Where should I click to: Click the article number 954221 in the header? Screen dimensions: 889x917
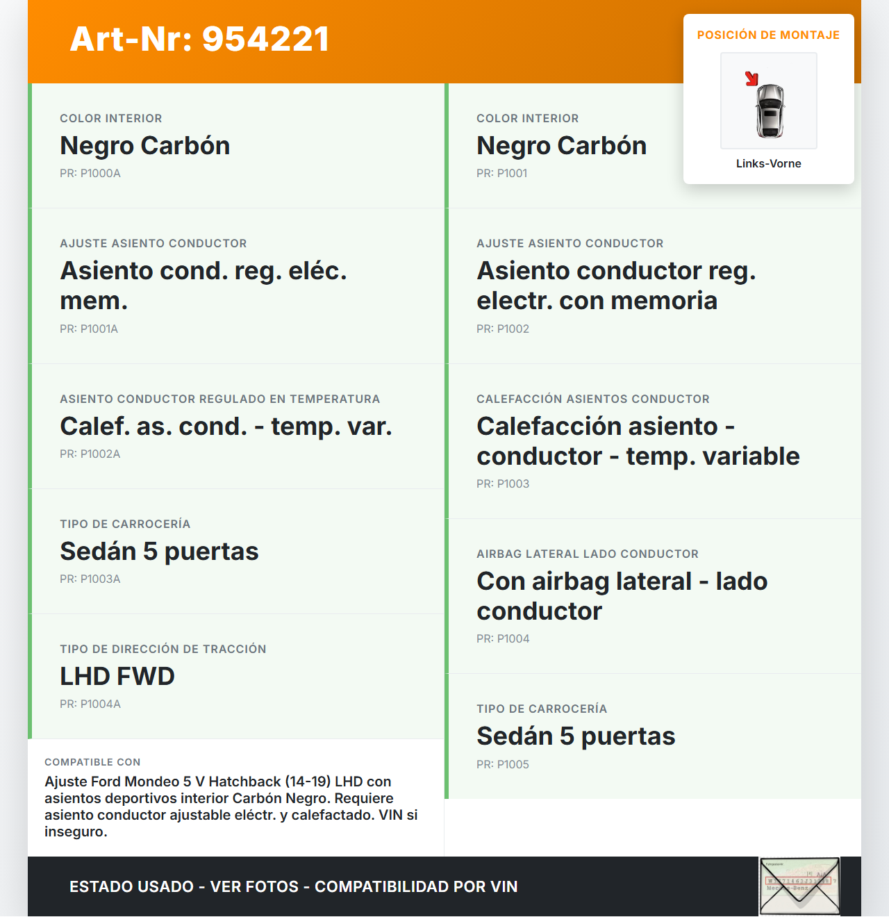(x=265, y=39)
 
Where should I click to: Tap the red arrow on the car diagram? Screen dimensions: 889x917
(x=751, y=79)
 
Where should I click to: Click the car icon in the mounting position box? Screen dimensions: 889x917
(x=770, y=111)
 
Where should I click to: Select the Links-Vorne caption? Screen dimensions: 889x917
(x=768, y=164)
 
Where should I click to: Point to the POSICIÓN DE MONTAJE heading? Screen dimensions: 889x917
(x=768, y=35)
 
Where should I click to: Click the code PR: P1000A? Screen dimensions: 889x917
(x=90, y=174)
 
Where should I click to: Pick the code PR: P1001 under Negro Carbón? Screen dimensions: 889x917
(x=501, y=174)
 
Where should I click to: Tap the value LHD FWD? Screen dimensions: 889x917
(x=117, y=677)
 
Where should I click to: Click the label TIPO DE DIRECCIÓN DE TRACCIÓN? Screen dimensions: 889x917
(x=163, y=650)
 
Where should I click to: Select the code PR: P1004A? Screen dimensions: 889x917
(x=90, y=704)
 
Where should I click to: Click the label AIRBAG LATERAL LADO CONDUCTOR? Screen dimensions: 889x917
(x=588, y=554)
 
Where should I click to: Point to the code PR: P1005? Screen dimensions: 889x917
(x=503, y=765)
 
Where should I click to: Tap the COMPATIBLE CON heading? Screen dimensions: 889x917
(x=92, y=763)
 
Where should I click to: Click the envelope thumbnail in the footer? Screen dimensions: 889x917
(x=799, y=886)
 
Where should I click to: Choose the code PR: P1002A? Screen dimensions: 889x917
(x=90, y=454)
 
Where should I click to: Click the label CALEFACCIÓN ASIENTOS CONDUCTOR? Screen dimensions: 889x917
(x=593, y=399)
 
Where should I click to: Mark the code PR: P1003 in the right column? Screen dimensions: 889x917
(x=503, y=484)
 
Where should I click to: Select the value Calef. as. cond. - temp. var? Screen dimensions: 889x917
(x=226, y=427)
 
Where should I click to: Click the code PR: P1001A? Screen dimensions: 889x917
(x=89, y=329)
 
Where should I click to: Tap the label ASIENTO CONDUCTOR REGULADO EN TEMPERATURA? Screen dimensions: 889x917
(x=219, y=399)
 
